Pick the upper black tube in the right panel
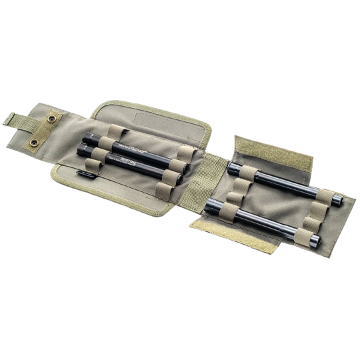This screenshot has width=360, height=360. click(274, 179)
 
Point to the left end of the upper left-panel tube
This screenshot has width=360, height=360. click(85, 143)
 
